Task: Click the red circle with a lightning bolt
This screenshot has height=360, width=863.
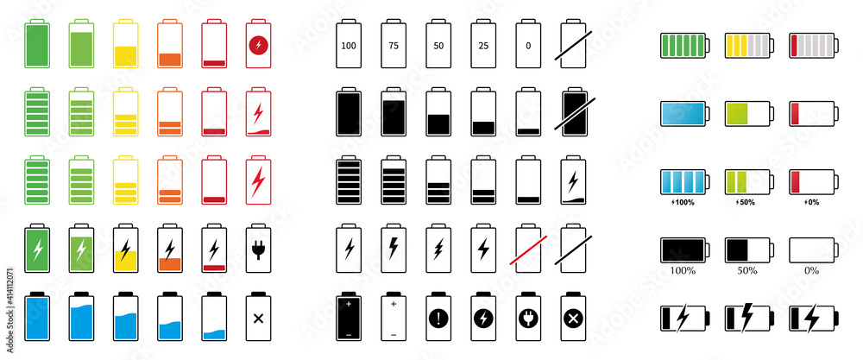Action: click(257, 45)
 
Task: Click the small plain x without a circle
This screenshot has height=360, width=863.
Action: click(257, 318)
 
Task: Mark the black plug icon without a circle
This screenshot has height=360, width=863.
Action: click(257, 250)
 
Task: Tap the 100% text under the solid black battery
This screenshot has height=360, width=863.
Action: click(682, 270)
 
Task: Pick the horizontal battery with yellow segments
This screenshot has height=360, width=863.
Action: click(747, 46)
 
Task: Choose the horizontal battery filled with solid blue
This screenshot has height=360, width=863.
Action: click(683, 113)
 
